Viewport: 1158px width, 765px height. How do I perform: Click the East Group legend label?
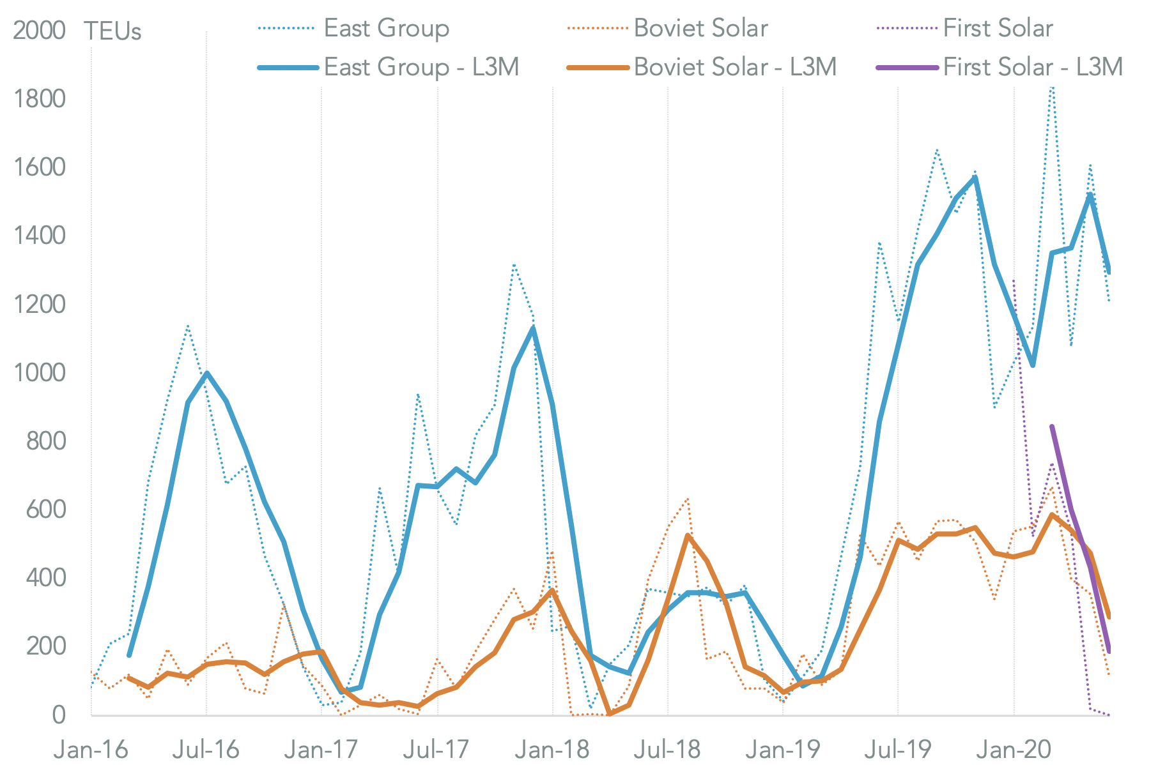coord(386,28)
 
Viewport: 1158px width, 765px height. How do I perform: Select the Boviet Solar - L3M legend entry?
coord(735,67)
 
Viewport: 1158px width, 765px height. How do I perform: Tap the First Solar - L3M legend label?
coord(1033,67)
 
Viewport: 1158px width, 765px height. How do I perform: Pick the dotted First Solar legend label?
coord(998,28)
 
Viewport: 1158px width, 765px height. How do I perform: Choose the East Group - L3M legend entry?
coord(421,67)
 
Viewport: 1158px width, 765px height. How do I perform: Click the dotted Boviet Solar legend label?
coord(700,28)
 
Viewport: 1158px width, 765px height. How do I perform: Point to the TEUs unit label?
coord(112,31)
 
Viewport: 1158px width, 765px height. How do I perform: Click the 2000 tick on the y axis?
coord(39,31)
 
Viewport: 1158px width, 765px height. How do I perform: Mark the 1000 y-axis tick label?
coord(39,372)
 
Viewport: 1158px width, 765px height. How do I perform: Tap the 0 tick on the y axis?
coord(59,715)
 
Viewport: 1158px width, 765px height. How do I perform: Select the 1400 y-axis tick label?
coord(39,236)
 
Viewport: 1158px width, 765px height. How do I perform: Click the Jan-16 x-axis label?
coord(91,749)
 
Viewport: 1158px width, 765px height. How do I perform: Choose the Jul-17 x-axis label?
coord(437,749)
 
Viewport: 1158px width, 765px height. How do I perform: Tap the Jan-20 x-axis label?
coord(1014,749)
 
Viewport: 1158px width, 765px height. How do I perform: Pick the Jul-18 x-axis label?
coord(667,749)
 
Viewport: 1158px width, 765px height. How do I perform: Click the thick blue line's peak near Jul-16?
coord(207,373)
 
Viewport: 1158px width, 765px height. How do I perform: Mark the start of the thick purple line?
coord(1052,427)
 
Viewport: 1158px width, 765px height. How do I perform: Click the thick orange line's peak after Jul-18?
coord(688,535)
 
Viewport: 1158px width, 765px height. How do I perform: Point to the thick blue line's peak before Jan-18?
coord(533,328)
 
